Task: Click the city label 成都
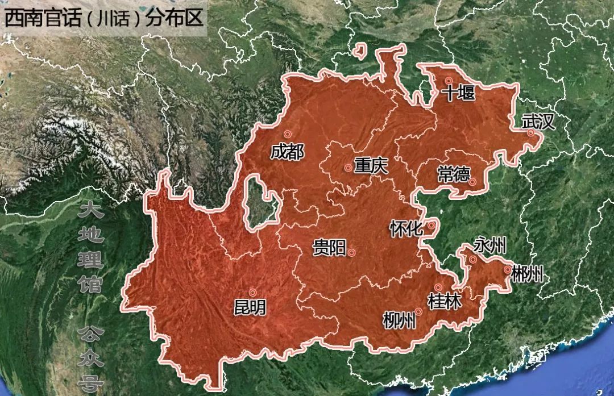click(287, 152)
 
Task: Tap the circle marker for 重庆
click(348, 168)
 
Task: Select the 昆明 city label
click(250, 308)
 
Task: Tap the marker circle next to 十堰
click(449, 81)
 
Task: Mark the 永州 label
click(490, 247)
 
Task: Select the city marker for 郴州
click(507, 270)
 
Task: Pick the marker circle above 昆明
click(252, 293)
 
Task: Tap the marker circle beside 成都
click(288, 134)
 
